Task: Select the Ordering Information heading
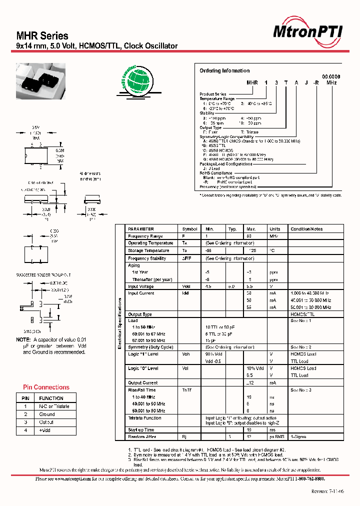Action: [224, 70]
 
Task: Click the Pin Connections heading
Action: [46, 387]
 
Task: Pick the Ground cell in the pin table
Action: [47, 414]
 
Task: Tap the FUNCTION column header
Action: [51, 398]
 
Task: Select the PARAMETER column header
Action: [141, 229]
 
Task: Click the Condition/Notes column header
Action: [307, 229]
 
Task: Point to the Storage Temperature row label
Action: [148, 250]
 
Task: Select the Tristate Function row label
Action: [144, 417]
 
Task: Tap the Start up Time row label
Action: [141, 429]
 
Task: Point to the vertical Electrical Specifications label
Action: [120, 324]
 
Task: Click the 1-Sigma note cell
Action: [298, 437]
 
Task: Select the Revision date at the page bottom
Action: [327, 491]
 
